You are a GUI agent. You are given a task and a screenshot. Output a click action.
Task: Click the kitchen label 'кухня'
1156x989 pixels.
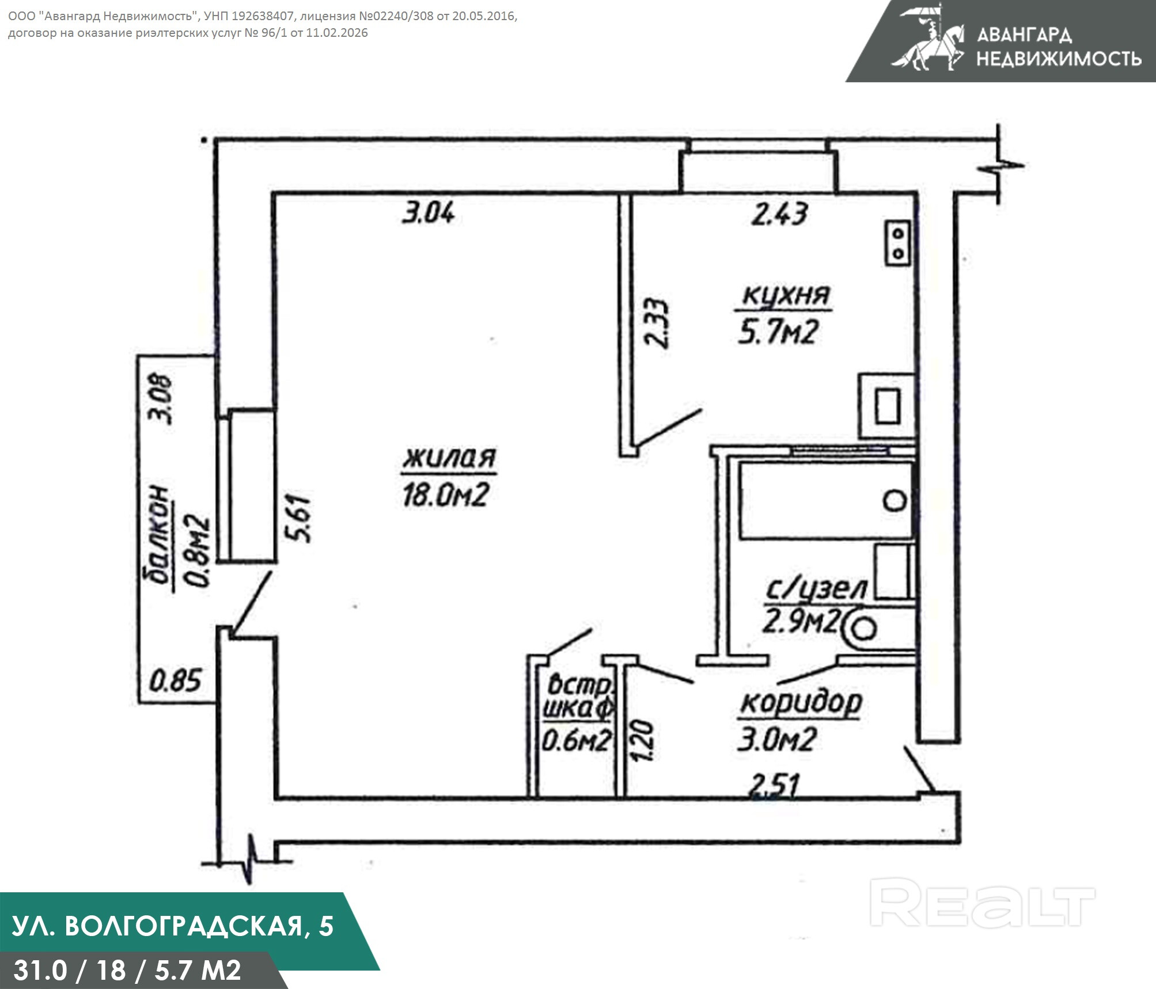(x=786, y=296)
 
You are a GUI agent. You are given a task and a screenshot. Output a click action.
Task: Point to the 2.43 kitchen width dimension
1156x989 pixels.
(x=780, y=214)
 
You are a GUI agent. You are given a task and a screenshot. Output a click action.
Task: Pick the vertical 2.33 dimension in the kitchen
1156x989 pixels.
(x=657, y=322)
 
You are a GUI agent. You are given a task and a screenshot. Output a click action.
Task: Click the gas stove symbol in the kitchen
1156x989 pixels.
(x=897, y=244)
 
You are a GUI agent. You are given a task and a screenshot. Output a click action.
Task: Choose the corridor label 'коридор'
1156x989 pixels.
(x=801, y=702)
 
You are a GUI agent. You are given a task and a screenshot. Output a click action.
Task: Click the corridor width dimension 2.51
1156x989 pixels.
(x=775, y=786)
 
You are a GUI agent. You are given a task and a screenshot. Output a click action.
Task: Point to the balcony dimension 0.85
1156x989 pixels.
(x=175, y=680)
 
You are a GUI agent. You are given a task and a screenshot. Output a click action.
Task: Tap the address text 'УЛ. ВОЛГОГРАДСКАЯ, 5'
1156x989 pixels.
(x=173, y=926)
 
